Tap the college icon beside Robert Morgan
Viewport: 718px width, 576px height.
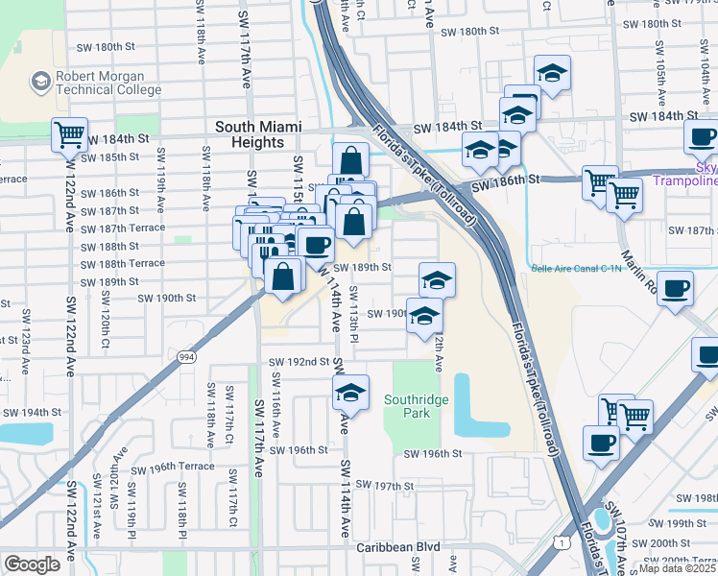[41, 81]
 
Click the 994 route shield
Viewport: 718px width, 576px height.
[186, 357]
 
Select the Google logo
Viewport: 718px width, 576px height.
[32, 564]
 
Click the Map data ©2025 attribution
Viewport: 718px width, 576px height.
[678, 569]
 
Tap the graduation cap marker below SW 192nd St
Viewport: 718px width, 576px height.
[351, 392]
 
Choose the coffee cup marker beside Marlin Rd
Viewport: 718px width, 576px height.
[676, 287]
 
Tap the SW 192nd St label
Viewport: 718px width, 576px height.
[299, 362]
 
